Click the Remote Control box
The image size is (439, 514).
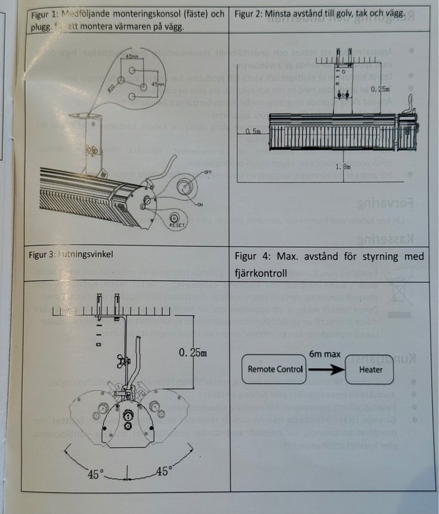[276, 369]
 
